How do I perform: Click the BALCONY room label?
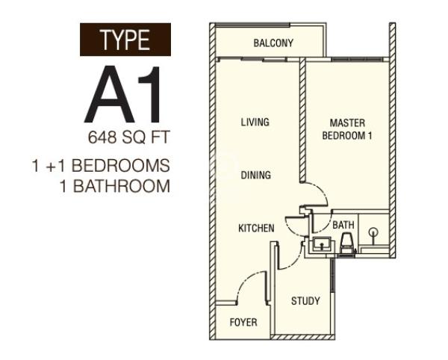click(273, 43)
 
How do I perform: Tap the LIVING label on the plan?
click(255, 122)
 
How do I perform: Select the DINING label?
click(255, 175)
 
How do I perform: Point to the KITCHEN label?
click(256, 228)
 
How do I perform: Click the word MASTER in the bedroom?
click(347, 122)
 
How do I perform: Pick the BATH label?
click(343, 225)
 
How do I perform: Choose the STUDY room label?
click(305, 300)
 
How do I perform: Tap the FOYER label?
click(243, 323)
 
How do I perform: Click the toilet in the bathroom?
click(347, 243)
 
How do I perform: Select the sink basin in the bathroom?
click(322, 244)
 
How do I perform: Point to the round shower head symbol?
click(373, 232)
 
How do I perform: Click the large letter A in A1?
click(109, 94)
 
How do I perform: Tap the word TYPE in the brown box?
click(125, 40)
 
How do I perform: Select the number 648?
click(102, 137)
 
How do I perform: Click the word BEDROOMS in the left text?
click(120, 165)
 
